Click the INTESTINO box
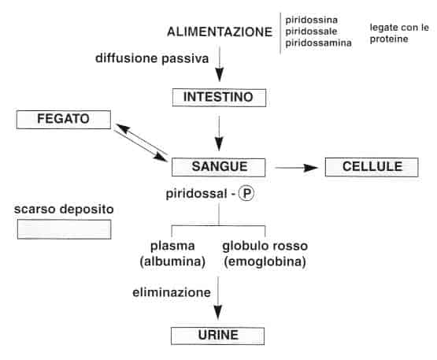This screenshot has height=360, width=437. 219,98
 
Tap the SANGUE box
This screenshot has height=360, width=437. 220,166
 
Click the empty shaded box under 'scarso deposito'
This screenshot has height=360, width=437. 64,229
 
